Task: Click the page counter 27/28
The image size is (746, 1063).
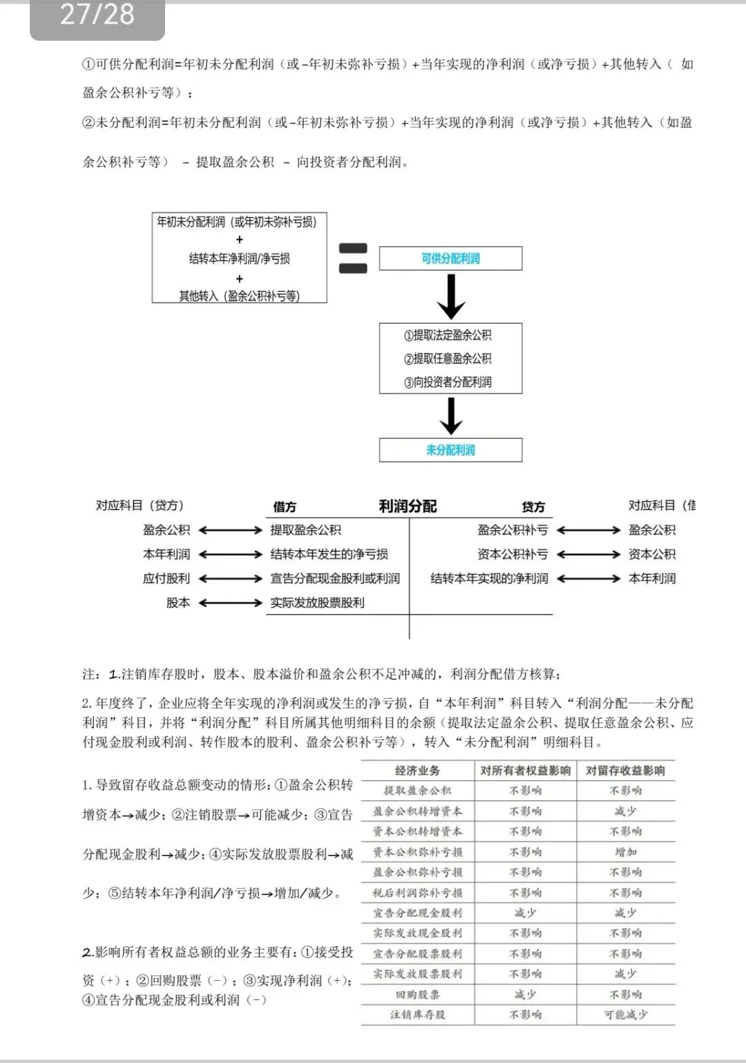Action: pos(97,15)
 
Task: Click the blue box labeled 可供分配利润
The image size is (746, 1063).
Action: pos(450,258)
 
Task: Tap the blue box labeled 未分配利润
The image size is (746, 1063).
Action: pos(450,450)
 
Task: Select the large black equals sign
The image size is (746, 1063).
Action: pos(353,258)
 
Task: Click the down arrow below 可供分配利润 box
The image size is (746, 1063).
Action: pos(450,296)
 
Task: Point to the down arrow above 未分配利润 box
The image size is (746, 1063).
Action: pos(450,416)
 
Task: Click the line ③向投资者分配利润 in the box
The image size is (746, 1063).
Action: pos(448,382)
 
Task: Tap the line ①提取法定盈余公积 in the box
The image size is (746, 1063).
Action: pos(448,335)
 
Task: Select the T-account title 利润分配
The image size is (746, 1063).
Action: pos(408,507)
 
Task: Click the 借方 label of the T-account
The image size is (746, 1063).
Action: pos(285,507)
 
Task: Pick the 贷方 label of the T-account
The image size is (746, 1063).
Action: pos(533,507)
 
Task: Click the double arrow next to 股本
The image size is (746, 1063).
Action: pos(231,603)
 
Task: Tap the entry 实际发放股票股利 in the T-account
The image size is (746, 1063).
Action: pos(317,603)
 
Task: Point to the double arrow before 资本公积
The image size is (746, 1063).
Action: pos(589,554)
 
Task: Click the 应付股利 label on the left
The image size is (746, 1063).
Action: pos(166,578)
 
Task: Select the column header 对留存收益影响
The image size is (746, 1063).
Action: pos(625,771)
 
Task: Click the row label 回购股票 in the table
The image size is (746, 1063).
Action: pos(418,995)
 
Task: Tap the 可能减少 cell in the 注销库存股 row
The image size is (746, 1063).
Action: pos(625,1015)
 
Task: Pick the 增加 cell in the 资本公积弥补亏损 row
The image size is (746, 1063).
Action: pos(625,852)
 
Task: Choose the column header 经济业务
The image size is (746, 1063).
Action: pos(418,771)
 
